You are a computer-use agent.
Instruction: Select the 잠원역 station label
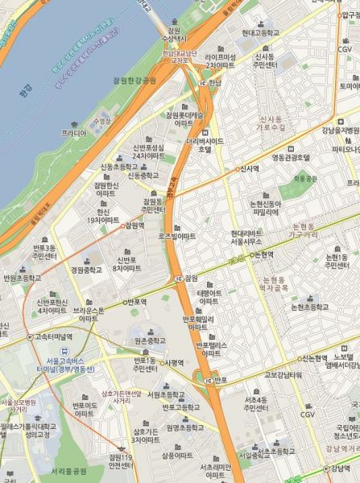click(x=131, y=225)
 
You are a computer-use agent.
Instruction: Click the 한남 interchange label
click(x=213, y=82)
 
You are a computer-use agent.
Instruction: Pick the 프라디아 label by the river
click(x=74, y=133)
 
